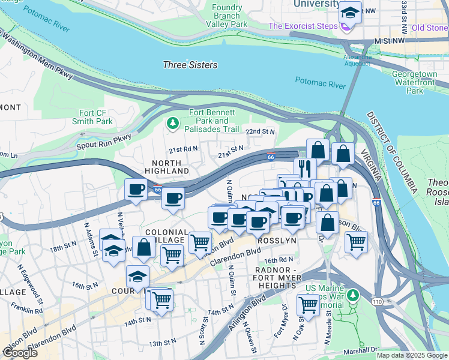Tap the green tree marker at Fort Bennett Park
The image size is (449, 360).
[173, 123]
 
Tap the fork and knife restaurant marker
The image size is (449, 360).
[305, 168]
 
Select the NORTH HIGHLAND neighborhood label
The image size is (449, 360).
[167, 167]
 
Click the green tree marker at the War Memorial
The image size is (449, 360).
[353, 295]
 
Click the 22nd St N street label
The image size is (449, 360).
[260, 131]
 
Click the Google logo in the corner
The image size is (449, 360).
[20, 352]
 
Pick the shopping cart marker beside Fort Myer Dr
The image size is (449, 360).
[308, 304]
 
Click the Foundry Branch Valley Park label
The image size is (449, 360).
[226, 16]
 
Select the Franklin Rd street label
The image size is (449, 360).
[26, 310]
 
